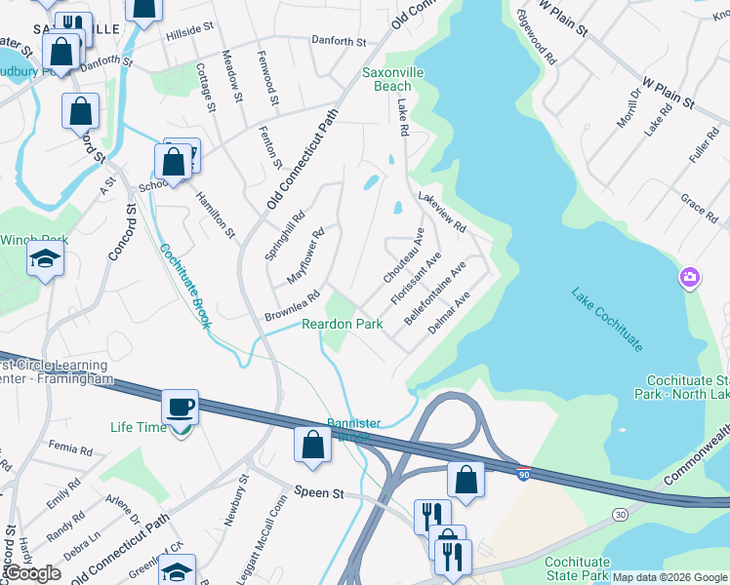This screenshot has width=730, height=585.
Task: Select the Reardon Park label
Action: click(x=342, y=324)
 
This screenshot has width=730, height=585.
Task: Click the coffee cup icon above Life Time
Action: click(x=181, y=406)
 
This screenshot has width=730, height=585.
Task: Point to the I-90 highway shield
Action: click(x=523, y=472)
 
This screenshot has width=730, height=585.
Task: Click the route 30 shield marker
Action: click(x=621, y=513)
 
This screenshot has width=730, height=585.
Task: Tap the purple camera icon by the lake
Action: click(x=689, y=279)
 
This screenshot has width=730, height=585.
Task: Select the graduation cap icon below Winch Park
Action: click(x=46, y=259)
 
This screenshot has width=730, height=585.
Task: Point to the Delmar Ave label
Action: click(x=450, y=313)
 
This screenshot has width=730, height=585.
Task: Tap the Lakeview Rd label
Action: click(x=442, y=211)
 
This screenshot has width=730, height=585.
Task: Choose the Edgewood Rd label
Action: click(x=537, y=39)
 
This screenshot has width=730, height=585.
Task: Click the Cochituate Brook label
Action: click(x=184, y=286)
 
